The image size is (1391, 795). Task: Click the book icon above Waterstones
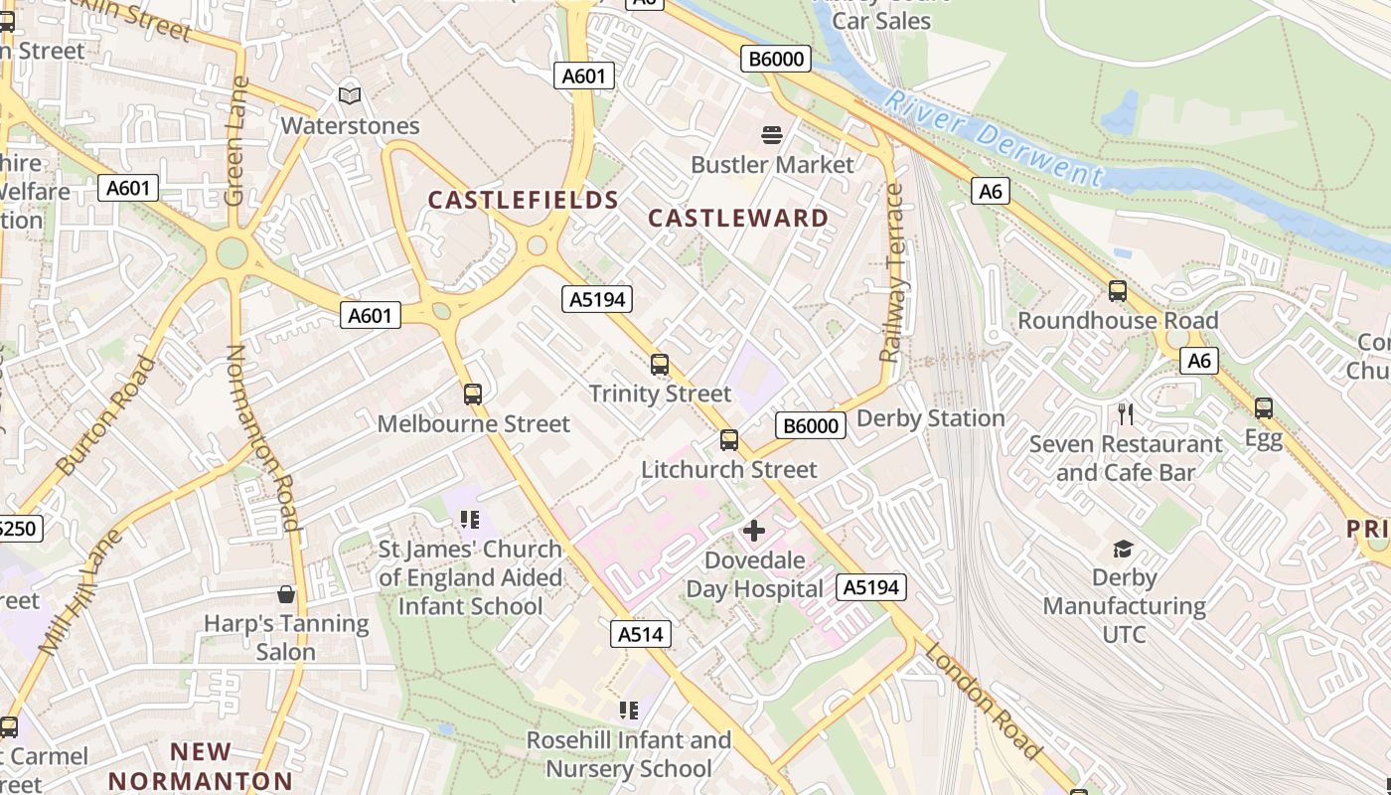(349, 95)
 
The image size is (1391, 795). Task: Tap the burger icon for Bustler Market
(772, 134)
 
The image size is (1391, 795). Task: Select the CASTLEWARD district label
(738, 219)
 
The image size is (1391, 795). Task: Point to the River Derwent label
(993, 139)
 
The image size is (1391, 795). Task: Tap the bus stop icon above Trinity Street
(659, 365)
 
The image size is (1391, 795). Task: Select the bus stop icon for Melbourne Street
(473, 395)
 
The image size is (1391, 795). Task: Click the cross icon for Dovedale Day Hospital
(754, 531)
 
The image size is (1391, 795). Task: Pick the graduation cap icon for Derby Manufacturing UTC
(1123, 549)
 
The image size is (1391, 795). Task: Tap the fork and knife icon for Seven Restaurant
(1125, 413)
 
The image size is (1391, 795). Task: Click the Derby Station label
(930, 418)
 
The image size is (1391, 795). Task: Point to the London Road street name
(983, 701)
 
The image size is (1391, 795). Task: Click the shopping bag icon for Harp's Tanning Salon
(286, 594)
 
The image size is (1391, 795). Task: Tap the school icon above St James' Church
(470, 520)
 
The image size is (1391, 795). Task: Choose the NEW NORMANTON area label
(201, 766)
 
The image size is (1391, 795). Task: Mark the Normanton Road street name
(263, 437)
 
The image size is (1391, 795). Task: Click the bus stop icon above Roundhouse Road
(1118, 291)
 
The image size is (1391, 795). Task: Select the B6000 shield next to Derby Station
(810, 426)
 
